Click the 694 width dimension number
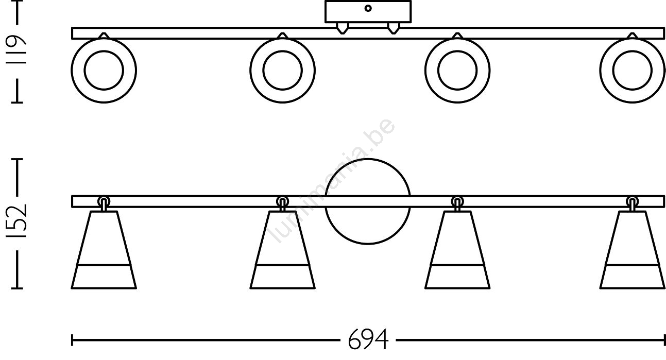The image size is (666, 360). (x=368, y=339)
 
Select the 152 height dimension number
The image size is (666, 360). (x=16, y=221)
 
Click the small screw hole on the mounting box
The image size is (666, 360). (x=368, y=8)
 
